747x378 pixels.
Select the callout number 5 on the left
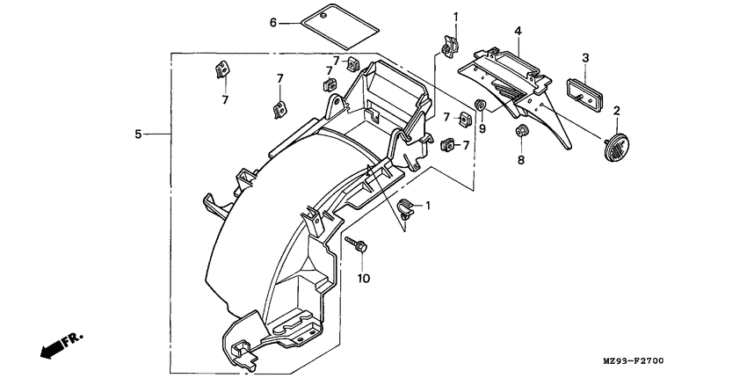[x=138, y=134]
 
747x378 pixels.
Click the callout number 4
[x=519, y=31]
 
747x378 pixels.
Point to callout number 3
[x=585, y=58]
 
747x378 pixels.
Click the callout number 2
[x=617, y=111]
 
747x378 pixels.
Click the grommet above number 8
[x=520, y=133]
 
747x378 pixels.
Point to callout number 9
[x=482, y=128]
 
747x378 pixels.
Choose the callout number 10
[x=364, y=279]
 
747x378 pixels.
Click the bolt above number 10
[x=357, y=243]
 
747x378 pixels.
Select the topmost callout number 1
[x=455, y=17]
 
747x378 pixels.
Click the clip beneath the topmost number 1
[x=452, y=44]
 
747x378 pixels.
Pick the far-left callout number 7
[x=224, y=100]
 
